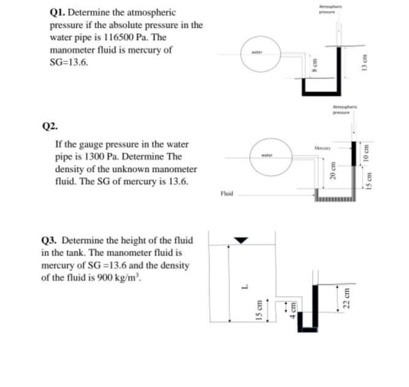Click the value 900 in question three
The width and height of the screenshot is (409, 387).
[x=132, y=277]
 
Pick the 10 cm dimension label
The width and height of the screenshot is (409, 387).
[x=367, y=153]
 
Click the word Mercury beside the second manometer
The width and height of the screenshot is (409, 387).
[x=323, y=148]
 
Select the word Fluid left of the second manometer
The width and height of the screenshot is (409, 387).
[x=226, y=194]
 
